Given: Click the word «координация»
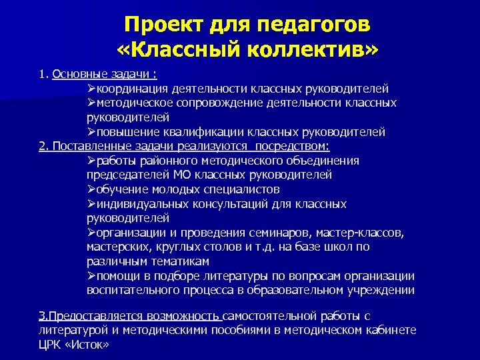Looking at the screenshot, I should click(x=137, y=88).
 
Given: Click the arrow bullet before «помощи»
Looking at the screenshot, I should click(x=91, y=276).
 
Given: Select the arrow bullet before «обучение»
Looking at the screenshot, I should click(x=91, y=189).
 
